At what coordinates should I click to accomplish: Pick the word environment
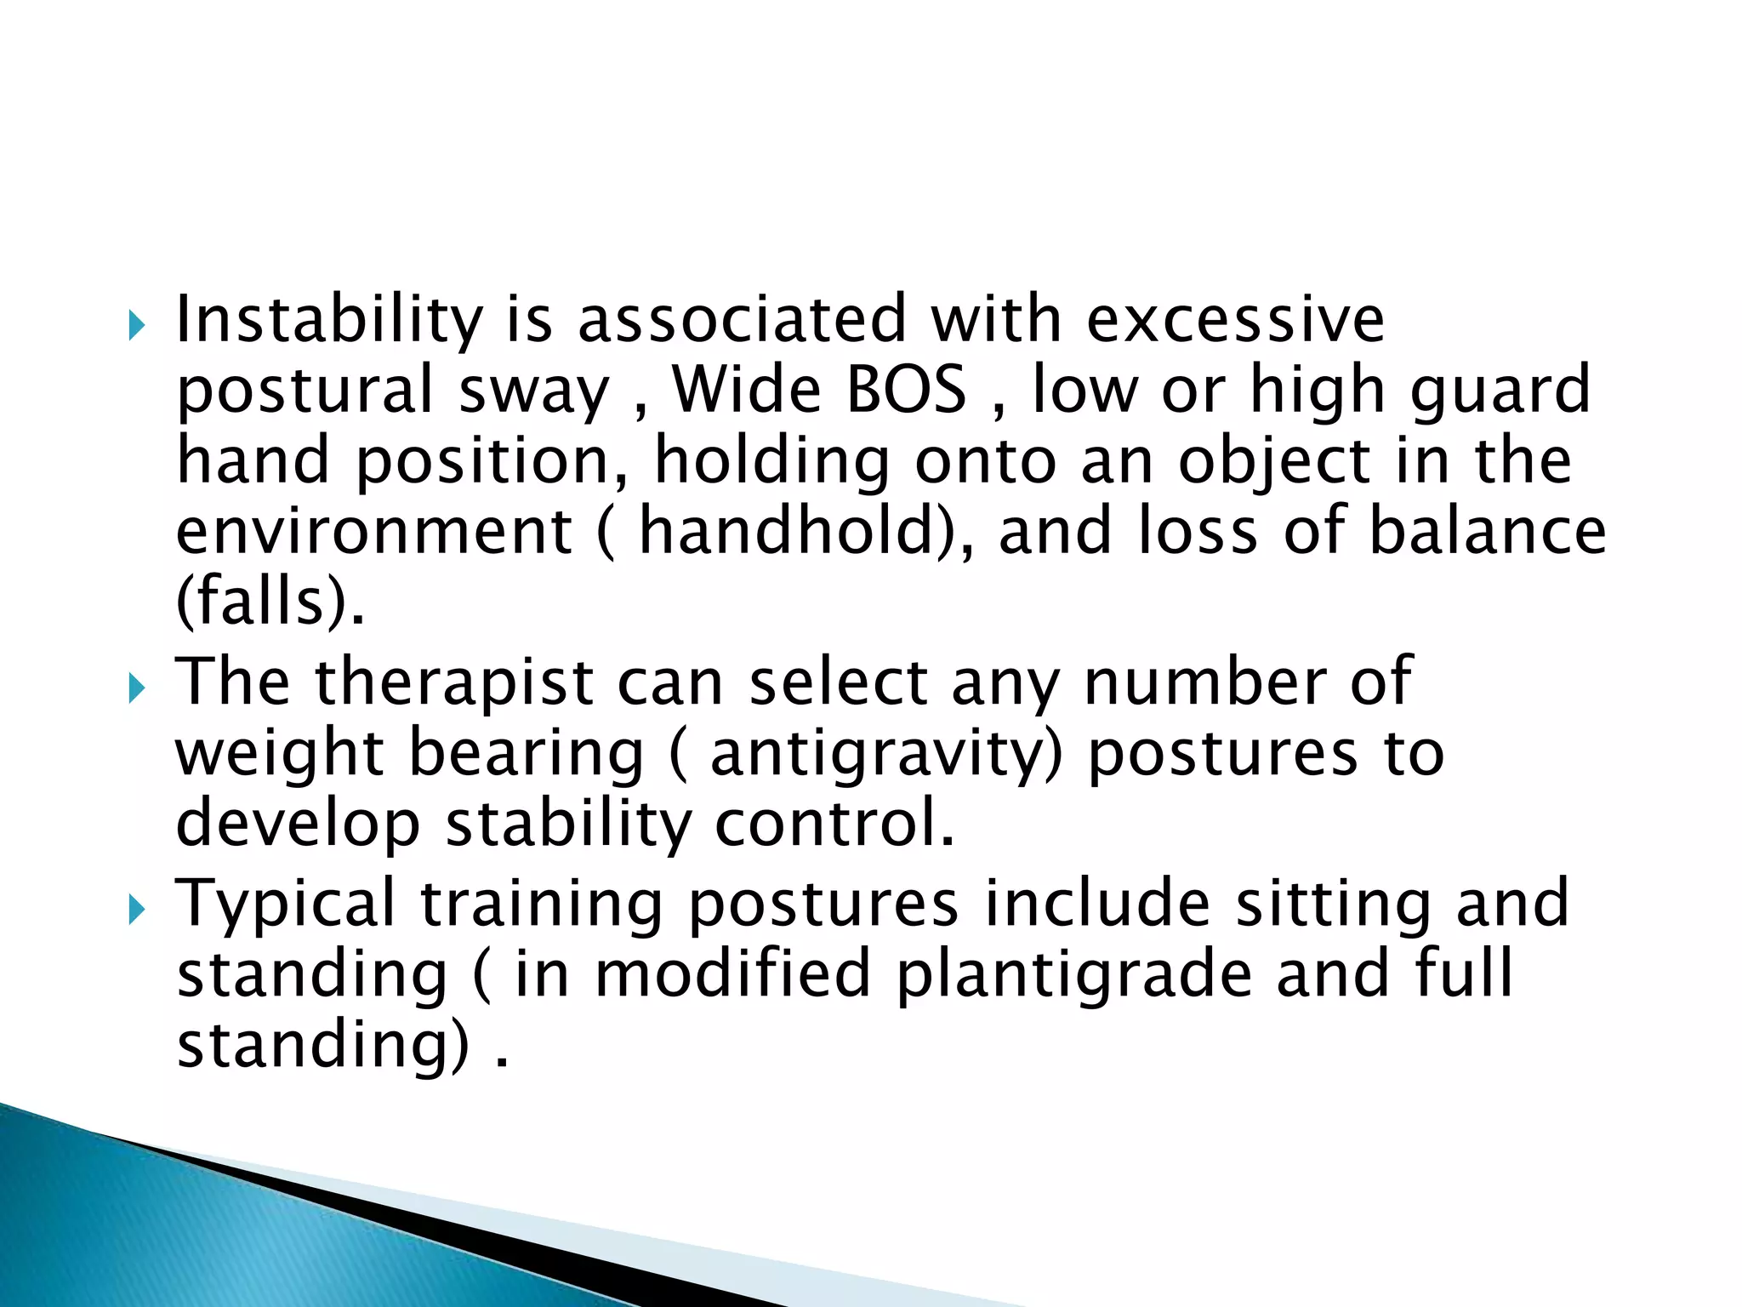[x=373, y=532]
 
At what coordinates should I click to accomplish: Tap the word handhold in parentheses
[x=787, y=532]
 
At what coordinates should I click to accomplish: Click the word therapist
[x=454, y=684]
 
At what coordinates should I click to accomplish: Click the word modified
[x=732, y=975]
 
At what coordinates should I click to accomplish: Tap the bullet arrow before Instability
[x=136, y=325]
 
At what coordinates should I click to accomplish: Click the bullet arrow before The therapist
[x=136, y=688]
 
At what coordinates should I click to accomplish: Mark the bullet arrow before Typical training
[x=136, y=909]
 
